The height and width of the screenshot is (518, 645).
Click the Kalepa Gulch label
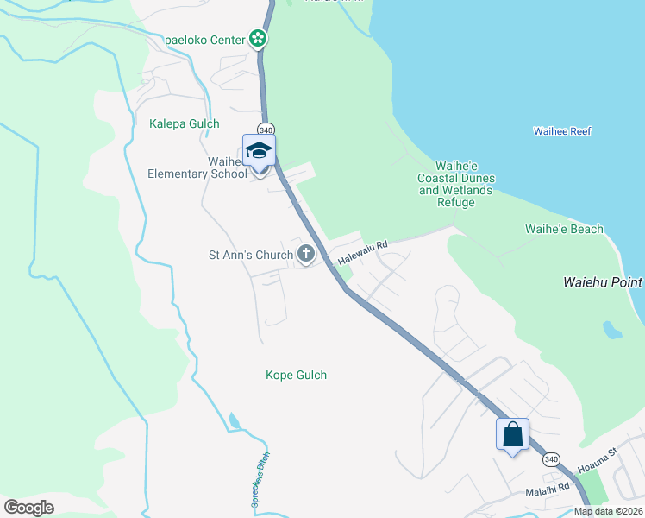click(x=184, y=123)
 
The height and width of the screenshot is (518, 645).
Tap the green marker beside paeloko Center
click(x=257, y=39)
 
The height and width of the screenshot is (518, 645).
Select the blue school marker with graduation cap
click(x=259, y=152)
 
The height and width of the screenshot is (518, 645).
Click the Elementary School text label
click(x=191, y=174)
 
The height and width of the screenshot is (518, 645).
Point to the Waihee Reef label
click(x=562, y=131)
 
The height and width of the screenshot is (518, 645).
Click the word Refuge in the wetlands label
click(x=455, y=203)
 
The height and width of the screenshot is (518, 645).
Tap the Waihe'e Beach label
click(x=564, y=230)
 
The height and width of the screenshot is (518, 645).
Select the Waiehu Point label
click(x=603, y=282)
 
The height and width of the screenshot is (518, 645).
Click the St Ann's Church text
click(x=250, y=255)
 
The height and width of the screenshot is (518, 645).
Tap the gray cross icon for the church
click(x=305, y=254)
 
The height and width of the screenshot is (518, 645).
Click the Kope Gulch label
click(x=296, y=376)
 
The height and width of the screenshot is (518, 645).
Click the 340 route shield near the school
click(x=266, y=129)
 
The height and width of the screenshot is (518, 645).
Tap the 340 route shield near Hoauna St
click(x=552, y=458)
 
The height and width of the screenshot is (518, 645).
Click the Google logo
click(x=29, y=507)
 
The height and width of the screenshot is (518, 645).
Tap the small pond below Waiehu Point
click(x=612, y=330)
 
